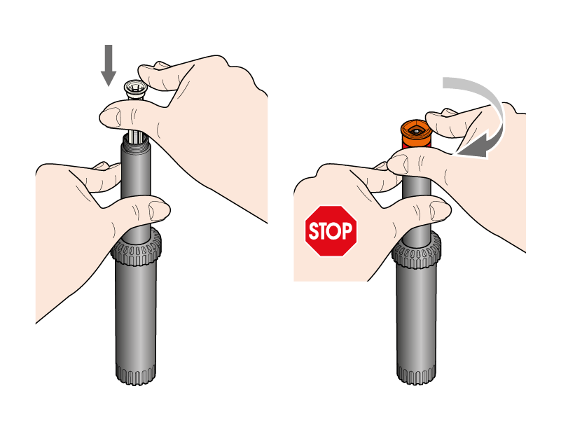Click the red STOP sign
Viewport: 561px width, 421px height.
click(x=331, y=231)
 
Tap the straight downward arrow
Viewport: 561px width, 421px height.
click(x=109, y=66)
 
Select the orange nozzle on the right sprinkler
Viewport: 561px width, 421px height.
click(x=416, y=134)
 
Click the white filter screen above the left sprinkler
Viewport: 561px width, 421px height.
click(x=134, y=90)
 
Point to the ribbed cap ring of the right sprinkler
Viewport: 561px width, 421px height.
click(x=416, y=251)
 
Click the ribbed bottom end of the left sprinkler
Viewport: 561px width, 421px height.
click(x=136, y=374)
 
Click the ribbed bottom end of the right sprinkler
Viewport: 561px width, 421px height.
click(x=417, y=374)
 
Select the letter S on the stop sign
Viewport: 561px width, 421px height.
click(x=314, y=231)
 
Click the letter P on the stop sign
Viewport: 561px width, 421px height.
click(x=346, y=231)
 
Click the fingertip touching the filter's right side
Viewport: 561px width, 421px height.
click(x=146, y=76)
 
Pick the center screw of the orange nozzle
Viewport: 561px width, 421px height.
click(x=416, y=132)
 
